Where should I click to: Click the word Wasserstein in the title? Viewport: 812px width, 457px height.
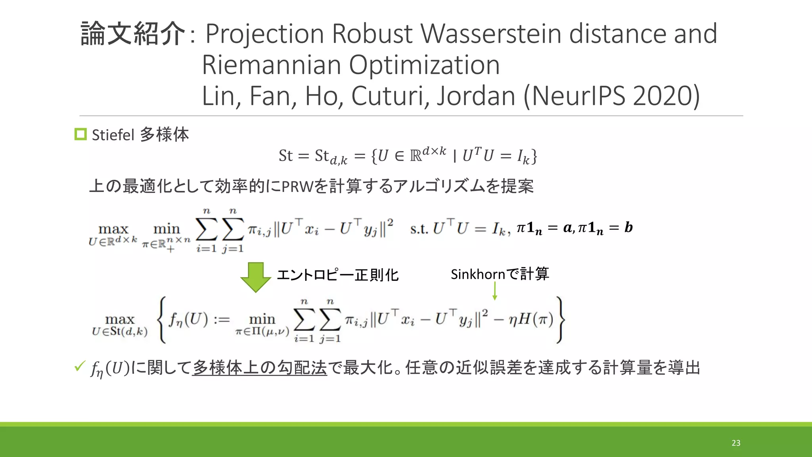[491, 33]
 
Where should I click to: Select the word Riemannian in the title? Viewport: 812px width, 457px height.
[271, 65]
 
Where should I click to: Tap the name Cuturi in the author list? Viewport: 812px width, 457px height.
[390, 96]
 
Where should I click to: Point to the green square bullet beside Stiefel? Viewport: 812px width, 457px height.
[80, 134]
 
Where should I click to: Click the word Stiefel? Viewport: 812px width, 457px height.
[113, 135]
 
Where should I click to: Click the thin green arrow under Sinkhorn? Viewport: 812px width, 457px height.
[494, 291]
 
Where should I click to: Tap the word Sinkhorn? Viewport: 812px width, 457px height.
[478, 274]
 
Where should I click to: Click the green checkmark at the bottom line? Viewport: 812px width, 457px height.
[80, 366]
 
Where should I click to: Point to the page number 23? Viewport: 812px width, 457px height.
[736, 443]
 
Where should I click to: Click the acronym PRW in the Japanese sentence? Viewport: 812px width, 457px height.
[297, 186]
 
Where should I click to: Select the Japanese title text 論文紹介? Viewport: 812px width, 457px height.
[132, 34]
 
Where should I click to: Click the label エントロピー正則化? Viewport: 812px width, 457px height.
[337, 275]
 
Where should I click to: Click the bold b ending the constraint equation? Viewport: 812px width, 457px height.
[628, 227]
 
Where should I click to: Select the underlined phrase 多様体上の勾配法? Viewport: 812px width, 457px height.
[260, 368]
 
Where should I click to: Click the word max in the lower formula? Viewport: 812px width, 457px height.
[120, 319]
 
